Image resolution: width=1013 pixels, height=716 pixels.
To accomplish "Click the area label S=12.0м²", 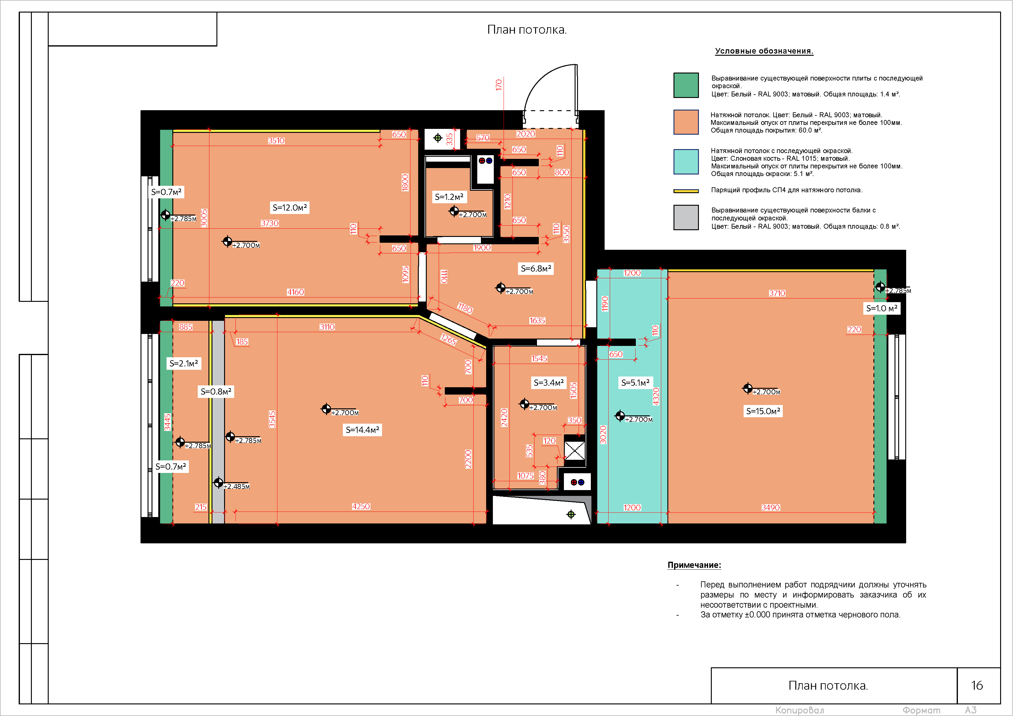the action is pyautogui.click(x=290, y=207).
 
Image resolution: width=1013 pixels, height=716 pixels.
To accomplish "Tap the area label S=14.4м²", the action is pyautogui.click(x=362, y=430).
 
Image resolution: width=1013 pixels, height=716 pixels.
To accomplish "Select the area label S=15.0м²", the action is pyautogui.click(x=763, y=411).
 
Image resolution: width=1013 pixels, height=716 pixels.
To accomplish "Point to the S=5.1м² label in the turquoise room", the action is pyautogui.click(x=635, y=382).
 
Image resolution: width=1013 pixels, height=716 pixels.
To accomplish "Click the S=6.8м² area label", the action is pyautogui.click(x=536, y=268).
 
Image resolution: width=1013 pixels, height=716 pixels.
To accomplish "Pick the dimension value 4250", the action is pyautogui.click(x=361, y=506).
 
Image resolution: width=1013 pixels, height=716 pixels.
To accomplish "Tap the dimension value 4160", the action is pyautogui.click(x=296, y=292).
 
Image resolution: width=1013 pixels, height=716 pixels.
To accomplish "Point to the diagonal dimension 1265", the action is pyautogui.click(x=448, y=339).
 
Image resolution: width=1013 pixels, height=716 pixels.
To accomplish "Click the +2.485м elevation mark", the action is pyautogui.click(x=236, y=486).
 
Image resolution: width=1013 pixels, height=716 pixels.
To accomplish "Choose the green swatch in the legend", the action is pyautogui.click(x=686, y=85).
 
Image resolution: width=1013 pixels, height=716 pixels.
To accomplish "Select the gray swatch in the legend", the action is pyautogui.click(x=686, y=217).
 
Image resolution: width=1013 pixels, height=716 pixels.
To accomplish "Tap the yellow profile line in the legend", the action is pyautogui.click(x=686, y=191).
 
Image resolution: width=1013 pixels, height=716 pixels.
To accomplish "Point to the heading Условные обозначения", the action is pyautogui.click(x=764, y=51).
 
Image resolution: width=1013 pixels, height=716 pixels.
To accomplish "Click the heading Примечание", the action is pyautogui.click(x=694, y=565).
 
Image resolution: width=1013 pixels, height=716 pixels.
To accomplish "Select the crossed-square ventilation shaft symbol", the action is pyautogui.click(x=575, y=450).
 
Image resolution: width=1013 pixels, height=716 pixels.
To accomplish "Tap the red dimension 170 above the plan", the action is pyautogui.click(x=499, y=85).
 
